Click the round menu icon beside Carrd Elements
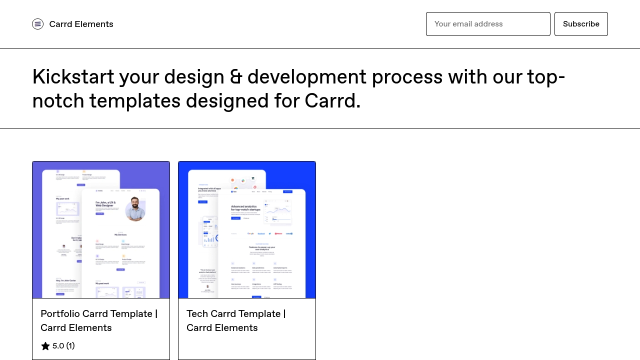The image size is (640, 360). coord(37,24)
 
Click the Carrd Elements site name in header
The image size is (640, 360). coord(81,24)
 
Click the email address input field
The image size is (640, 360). coord(488,24)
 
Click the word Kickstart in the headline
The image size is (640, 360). coord(73,77)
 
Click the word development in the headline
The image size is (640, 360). coord(306,77)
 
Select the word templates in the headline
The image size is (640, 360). coord(134,101)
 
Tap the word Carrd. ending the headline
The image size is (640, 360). coord(332,101)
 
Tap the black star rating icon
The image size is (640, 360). coord(45,346)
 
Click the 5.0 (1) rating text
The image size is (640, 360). coord(63,346)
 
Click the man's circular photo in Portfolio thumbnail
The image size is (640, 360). coord(135,208)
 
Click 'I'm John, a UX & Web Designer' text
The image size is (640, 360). coord(105,204)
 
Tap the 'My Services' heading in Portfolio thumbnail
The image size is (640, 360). coord(120,234)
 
